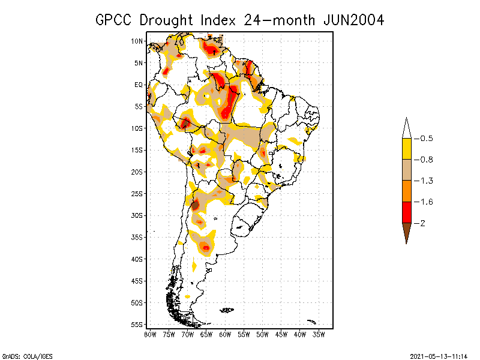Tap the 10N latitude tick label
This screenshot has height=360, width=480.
137,41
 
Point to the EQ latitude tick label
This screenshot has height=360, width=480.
139,85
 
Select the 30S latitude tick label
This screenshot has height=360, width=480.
137,215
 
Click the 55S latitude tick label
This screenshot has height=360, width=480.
137,324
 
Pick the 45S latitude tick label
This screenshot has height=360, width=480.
137,281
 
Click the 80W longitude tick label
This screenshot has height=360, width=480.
150,334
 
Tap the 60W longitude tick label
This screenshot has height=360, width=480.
225,334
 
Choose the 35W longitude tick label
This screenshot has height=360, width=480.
319,334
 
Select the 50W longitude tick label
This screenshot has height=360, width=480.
263,334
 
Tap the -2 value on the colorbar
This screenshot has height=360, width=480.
422,223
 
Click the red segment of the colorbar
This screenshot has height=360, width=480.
406,212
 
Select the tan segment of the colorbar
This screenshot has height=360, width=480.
406,170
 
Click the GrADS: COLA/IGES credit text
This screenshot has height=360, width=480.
23,355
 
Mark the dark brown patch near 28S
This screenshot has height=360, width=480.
195,205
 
